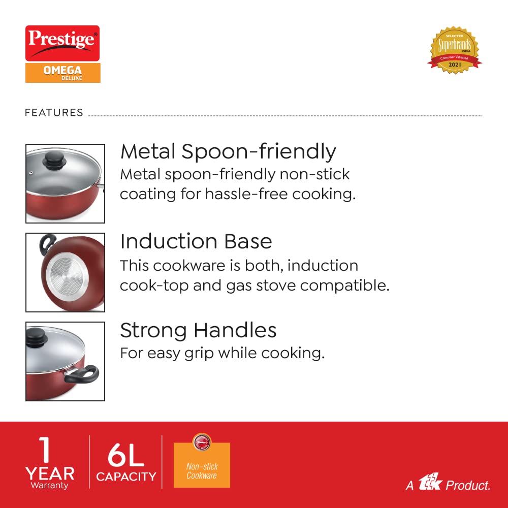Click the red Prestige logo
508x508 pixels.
tap(62, 43)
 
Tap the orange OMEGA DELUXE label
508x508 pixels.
tap(62, 72)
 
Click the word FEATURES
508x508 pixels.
tap(54, 113)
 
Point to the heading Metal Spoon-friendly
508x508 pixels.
tap(228, 151)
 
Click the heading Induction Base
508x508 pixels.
tap(196, 241)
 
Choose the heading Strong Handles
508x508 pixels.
tap(198, 330)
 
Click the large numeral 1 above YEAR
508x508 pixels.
tap(46, 450)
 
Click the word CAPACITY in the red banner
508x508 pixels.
tap(126, 477)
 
